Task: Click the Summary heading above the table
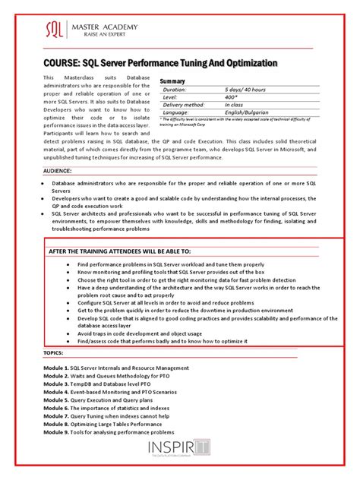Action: (173, 81)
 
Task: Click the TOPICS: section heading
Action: (54, 353)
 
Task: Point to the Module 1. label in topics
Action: (56, 368)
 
